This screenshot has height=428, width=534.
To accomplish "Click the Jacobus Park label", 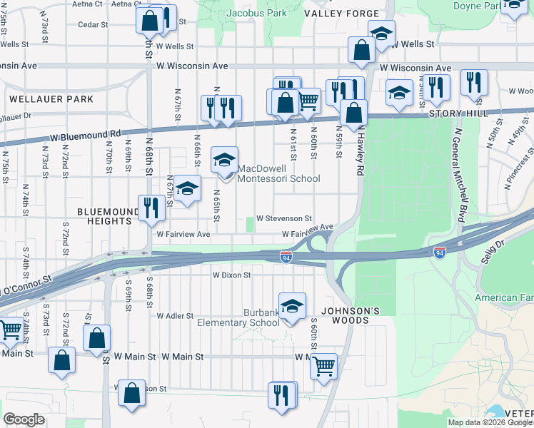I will click(256, 13).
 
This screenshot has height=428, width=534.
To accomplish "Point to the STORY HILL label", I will click(458, 113).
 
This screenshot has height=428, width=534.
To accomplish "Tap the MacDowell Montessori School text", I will click(278, 174).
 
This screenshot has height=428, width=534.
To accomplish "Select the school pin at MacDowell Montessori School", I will click(224, 160).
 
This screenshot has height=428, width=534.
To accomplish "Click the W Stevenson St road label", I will click(284, 218).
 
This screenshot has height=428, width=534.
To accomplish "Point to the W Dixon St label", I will click(231, 275).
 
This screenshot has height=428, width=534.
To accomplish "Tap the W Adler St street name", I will click(176, 315).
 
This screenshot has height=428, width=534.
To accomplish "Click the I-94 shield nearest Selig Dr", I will click(440, 253).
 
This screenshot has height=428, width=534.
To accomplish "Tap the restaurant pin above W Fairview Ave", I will click(149, 208).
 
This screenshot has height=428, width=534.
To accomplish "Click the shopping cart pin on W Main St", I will click(324, 367).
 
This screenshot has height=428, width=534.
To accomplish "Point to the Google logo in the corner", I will click(24, 419).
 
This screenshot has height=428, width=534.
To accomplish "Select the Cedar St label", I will click(93, 24).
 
